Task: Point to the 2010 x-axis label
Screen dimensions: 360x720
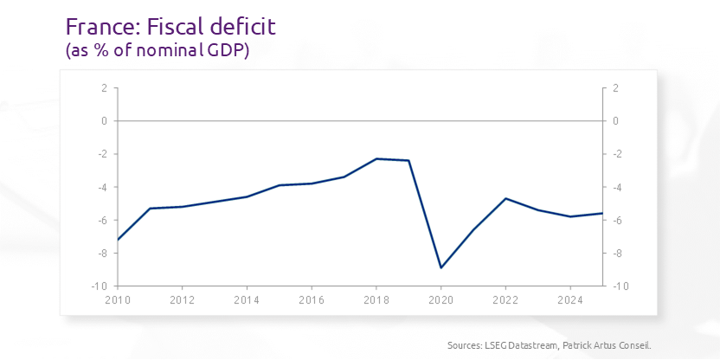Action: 118,301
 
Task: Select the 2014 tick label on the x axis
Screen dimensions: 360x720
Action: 247,301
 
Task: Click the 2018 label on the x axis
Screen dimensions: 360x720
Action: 376,301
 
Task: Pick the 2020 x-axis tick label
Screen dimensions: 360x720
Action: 441,301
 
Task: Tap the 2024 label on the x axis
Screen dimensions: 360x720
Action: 570,301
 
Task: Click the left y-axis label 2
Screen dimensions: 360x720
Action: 104,88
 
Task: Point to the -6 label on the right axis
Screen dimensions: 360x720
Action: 614,220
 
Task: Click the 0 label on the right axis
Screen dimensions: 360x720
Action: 615,121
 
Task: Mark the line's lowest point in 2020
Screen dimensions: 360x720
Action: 441,267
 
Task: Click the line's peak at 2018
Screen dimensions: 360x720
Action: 376,158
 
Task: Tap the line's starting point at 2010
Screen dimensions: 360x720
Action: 118,239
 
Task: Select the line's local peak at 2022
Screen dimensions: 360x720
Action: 505,198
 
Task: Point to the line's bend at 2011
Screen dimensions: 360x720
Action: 151,209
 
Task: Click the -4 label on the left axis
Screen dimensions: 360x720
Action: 102,187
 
